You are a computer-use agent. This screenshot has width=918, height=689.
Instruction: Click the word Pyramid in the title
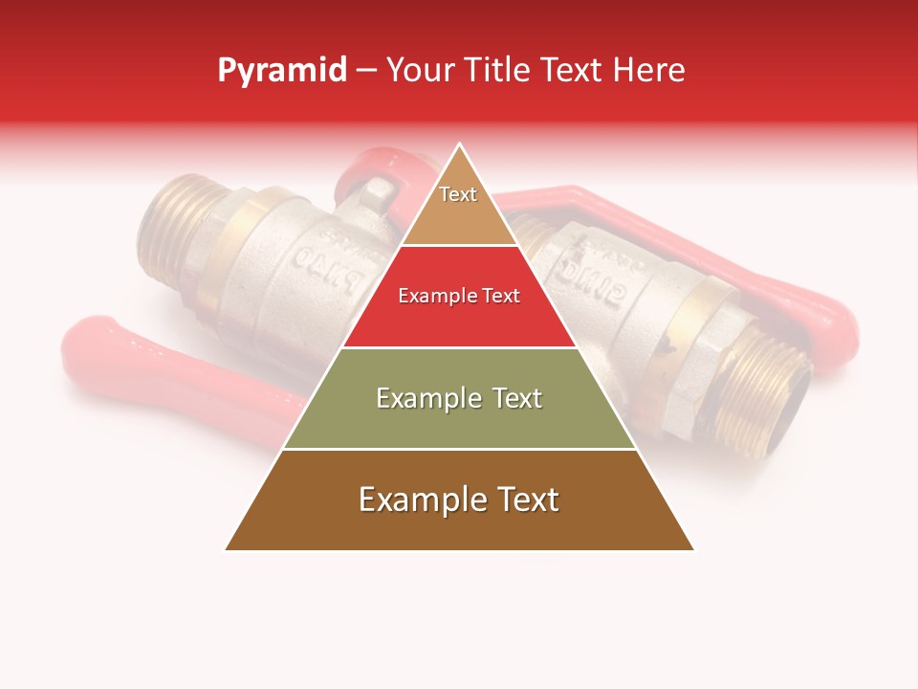281,71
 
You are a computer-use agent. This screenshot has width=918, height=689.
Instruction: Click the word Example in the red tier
431,296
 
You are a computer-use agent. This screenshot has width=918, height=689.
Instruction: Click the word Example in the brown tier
420,500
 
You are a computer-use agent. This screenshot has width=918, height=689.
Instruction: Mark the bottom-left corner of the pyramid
226,549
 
